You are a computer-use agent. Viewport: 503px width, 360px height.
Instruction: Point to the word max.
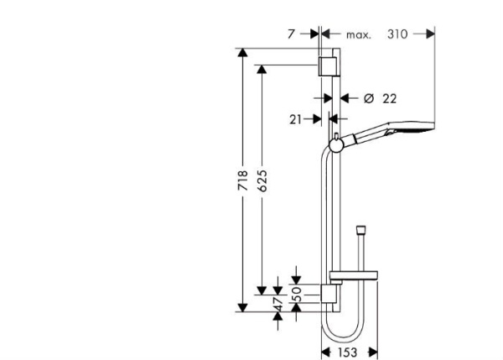(359, 34)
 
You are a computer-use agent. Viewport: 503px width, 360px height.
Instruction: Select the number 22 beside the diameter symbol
(389, 98)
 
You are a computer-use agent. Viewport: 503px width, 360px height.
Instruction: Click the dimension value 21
(294, 120)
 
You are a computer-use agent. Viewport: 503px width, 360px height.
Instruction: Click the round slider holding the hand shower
(335, 146)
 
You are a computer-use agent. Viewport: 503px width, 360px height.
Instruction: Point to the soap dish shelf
(357, 274)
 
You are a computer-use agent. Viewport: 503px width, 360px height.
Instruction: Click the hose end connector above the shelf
(360, 229)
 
